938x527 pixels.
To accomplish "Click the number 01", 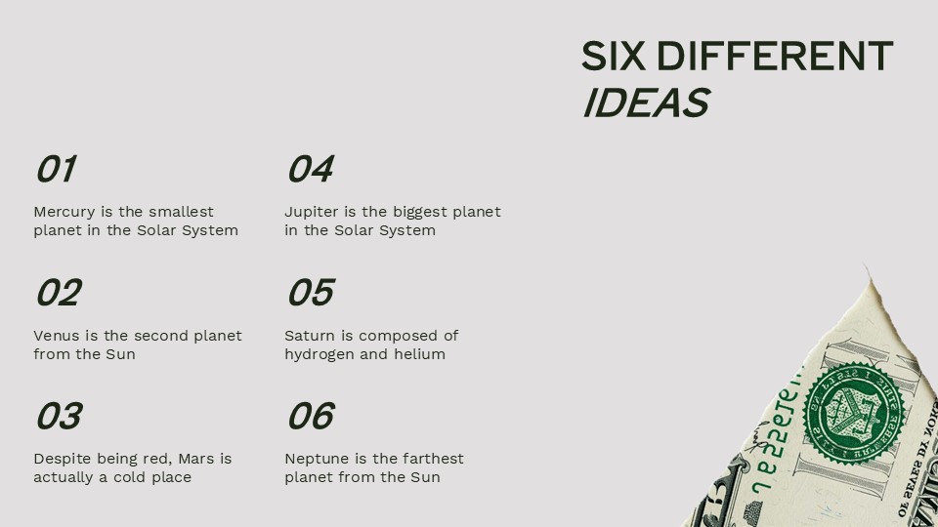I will click(55, 170).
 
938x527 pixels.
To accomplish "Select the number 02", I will click(59, 293).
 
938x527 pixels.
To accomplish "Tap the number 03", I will click(59, 417).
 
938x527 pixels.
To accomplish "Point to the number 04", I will click(310, 170).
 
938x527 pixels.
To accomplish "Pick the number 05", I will click(310, 293).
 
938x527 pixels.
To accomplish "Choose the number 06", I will click(310, 417).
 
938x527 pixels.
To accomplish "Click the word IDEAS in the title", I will click(645, 103).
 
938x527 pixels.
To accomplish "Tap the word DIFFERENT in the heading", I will click(774, 57).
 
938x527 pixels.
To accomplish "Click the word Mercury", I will click(64, 212).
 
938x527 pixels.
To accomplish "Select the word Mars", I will click(190, 459).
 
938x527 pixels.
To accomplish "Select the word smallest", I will click(181, 212).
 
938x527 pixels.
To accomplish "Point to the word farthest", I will click(430, 459).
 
